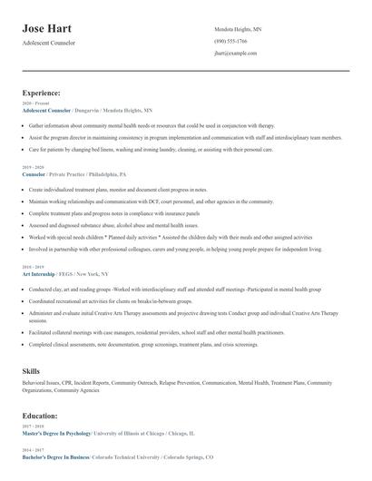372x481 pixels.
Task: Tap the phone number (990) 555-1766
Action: (x=230, y=41)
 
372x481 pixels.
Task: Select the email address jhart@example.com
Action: (x=236, y=54)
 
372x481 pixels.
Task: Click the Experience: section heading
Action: (x=42, y=93)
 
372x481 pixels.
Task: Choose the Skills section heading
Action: (x=31, y=371)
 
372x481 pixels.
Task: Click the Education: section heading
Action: (x=40, y=416)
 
